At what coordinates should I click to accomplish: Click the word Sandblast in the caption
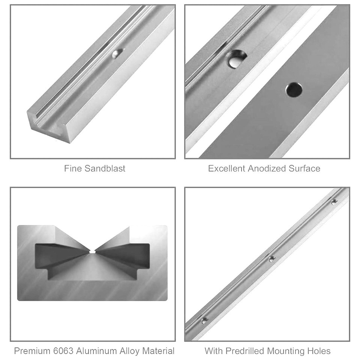pos(105,168)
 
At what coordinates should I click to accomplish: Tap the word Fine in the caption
pos(73,168)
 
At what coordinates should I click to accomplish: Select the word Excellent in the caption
pos(226,168)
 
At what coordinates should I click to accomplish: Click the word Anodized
pos(267,168)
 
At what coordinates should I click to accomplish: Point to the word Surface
pos(304,168)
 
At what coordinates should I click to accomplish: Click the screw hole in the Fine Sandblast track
pos(117,53)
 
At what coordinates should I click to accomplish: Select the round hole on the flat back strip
pos(294,90)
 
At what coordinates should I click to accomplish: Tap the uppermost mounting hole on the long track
pos(334,201)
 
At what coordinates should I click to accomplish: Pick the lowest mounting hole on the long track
pos(205,321)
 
